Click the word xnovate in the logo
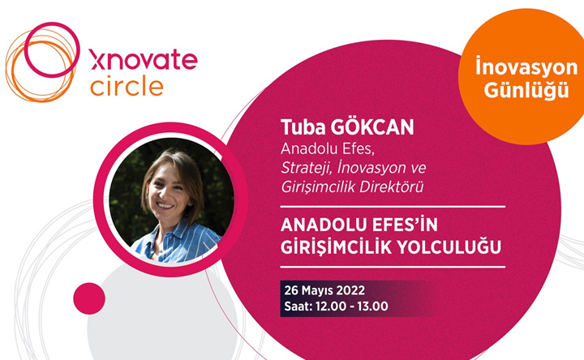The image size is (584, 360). coord(144,59)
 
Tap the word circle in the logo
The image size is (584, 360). coord(127,86)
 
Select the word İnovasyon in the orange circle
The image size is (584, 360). coord(526,67)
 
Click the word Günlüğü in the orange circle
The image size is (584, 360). coord(526,90)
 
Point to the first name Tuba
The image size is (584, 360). coord(303,127)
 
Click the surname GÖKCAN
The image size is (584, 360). coord(372,126)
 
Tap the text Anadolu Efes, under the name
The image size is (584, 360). coord(328,148)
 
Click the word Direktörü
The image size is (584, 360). coord(392,186)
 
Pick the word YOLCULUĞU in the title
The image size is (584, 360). coord(448,247)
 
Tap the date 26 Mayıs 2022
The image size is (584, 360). coord(324,290)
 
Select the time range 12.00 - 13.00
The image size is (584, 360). coord(351,306)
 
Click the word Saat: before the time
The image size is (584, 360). coord(298,306)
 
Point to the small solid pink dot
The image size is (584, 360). coord(89,298)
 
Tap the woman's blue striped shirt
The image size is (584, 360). coord(175,244)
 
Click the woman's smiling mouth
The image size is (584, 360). coord(165,205)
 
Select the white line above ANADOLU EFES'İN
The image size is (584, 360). coord(393,206)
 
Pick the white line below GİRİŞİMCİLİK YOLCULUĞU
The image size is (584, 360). coord(393,267)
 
